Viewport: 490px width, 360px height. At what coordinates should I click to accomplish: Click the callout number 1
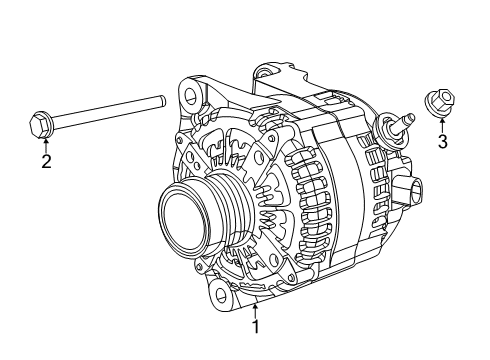(x=256, y=325)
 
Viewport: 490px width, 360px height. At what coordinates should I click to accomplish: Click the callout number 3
(x=442, y=141)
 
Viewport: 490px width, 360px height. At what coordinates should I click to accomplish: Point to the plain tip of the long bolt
(x=160, y=100)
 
